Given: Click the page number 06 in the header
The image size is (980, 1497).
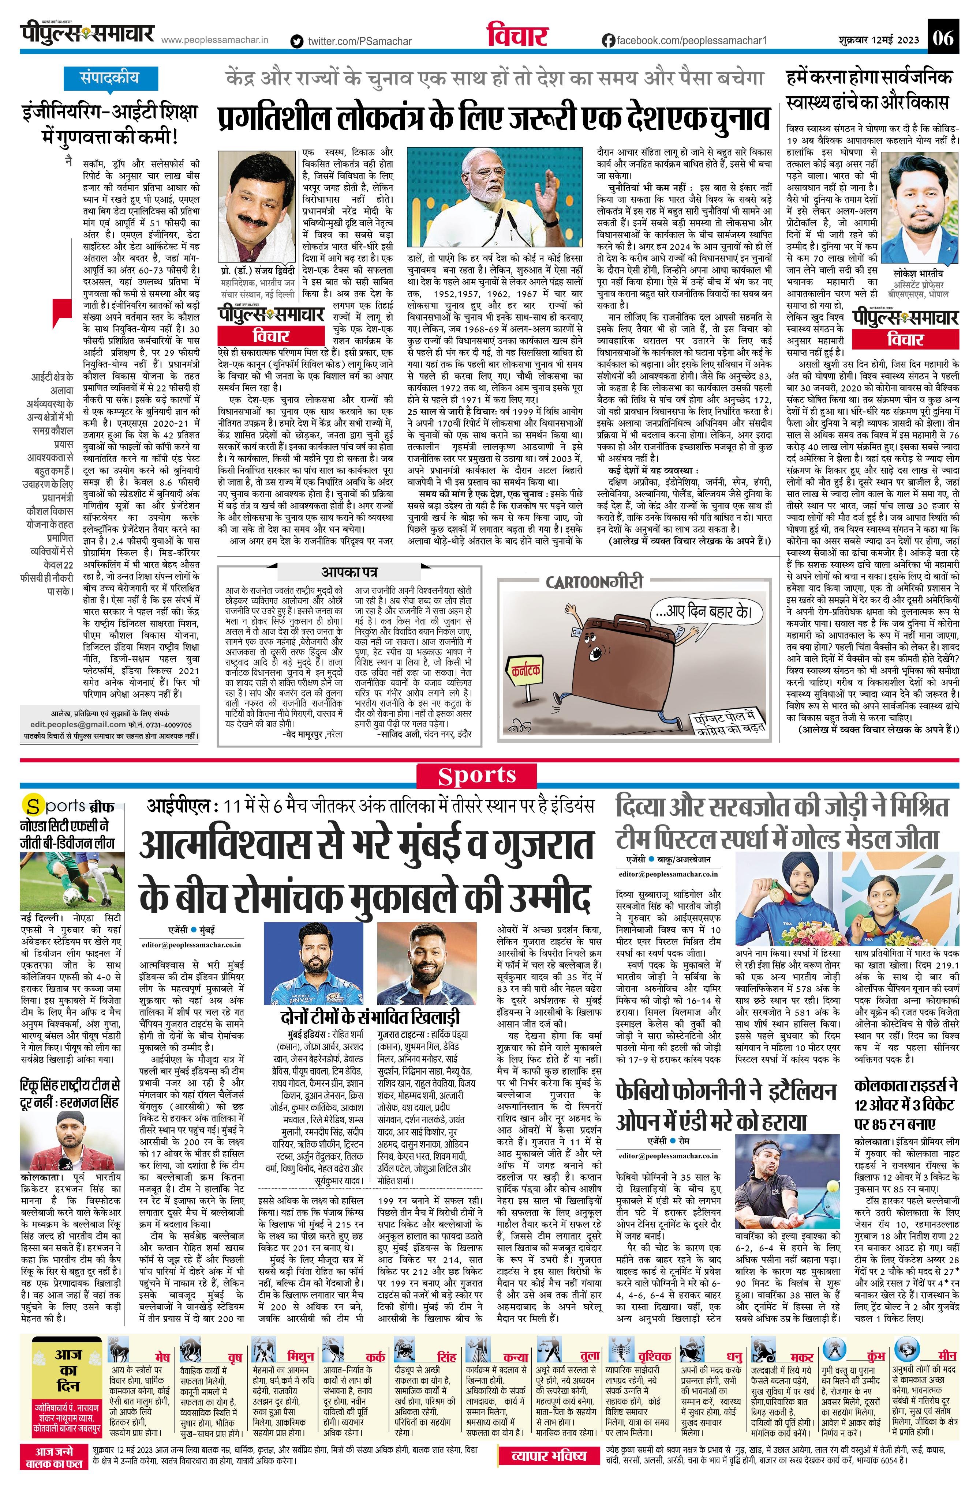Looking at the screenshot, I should coord(943,39).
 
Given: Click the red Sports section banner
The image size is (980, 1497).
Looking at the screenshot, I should coord(477,776).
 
